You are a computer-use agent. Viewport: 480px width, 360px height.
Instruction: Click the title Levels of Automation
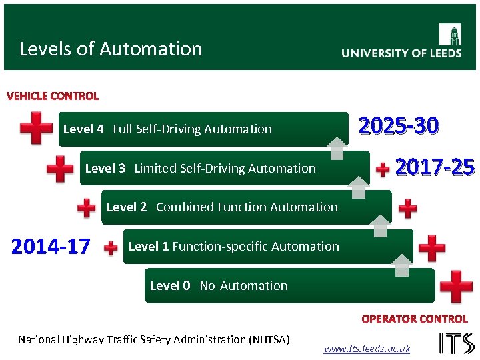(111, 49)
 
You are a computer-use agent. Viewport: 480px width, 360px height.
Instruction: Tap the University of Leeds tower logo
(449, 34)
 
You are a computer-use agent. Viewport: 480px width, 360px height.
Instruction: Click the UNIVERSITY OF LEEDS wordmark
(401, 53)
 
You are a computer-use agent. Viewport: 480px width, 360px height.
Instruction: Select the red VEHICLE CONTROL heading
(53, 96)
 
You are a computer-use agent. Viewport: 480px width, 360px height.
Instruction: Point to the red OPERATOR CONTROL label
(414, 319)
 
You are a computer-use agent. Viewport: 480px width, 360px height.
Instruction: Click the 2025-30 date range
(399, 125)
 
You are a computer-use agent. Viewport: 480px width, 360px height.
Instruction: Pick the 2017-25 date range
(435, 167)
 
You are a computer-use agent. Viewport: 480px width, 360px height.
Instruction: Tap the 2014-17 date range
(51, 247)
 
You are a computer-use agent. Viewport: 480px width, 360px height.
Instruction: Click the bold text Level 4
(83, 129)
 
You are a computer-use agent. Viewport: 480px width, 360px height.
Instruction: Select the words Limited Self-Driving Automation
(225, 169)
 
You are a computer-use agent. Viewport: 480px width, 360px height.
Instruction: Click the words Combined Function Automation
(247, 207)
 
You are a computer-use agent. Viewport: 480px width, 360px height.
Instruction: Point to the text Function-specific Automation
(255, 247)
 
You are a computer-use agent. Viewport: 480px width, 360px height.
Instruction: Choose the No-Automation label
(243, 286)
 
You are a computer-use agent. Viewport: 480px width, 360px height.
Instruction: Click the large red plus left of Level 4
(36, 128)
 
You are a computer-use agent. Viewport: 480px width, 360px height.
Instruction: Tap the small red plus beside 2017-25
(383, 169)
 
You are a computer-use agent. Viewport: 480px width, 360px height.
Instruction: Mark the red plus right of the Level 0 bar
(457, 287)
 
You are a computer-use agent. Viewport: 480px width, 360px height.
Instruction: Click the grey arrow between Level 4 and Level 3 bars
(337, 148)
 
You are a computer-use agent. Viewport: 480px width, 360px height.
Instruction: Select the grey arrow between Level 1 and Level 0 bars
(402, 265)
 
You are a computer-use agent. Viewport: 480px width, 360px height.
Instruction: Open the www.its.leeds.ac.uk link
(367, 349)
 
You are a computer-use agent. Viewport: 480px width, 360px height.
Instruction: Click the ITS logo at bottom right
(456, 343)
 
